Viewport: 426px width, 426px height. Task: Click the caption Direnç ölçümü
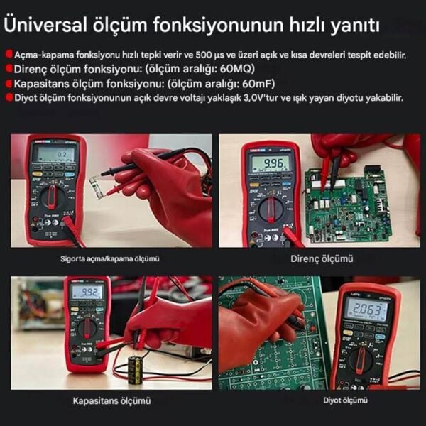pos(322,259)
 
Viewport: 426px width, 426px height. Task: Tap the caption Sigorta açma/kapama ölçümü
pos(109,259)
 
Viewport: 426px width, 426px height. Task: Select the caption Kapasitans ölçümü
pos(111,401)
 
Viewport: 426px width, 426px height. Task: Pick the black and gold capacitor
pos(134,370)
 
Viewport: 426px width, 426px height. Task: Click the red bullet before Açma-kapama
pos(9,55)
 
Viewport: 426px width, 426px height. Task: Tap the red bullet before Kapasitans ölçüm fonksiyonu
pos(9,83)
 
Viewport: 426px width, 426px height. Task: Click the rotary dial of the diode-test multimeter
pos(361,360)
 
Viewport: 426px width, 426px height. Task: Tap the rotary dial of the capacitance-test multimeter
pos(87,328)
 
